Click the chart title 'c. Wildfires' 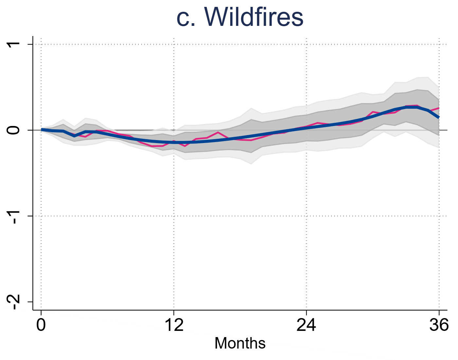point(240,17)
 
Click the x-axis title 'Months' point(240,343)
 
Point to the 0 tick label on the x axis point(41,325)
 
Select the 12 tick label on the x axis point(174,325)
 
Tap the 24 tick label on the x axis point(306,325)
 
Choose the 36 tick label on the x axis point(439,325)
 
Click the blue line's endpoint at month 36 point(439,117)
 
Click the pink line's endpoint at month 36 point(439,108)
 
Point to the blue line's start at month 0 point(42,130)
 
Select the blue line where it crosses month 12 point(174,142)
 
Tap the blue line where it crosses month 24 point(306,128)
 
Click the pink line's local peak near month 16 point(218,133)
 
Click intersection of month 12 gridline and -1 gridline point(174,216)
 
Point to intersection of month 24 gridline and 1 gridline point(306,44)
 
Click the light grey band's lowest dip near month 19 point(251,163)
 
